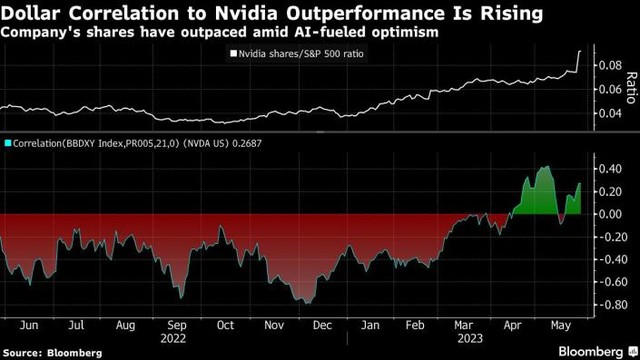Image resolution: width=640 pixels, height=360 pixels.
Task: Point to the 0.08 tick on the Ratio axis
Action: point(608,66)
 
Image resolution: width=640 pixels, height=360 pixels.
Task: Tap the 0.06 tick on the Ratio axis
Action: point(608,89)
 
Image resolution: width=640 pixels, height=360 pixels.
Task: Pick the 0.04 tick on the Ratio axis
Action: point(608,113)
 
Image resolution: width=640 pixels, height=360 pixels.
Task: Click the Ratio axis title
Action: point(630,88)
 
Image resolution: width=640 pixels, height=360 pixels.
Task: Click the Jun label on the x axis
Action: point(28,326)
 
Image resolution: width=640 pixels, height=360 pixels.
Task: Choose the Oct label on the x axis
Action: point(225,326)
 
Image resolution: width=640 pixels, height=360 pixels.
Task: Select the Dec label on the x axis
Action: point(322,326)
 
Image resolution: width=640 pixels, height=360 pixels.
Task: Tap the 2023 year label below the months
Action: point(466,337)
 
